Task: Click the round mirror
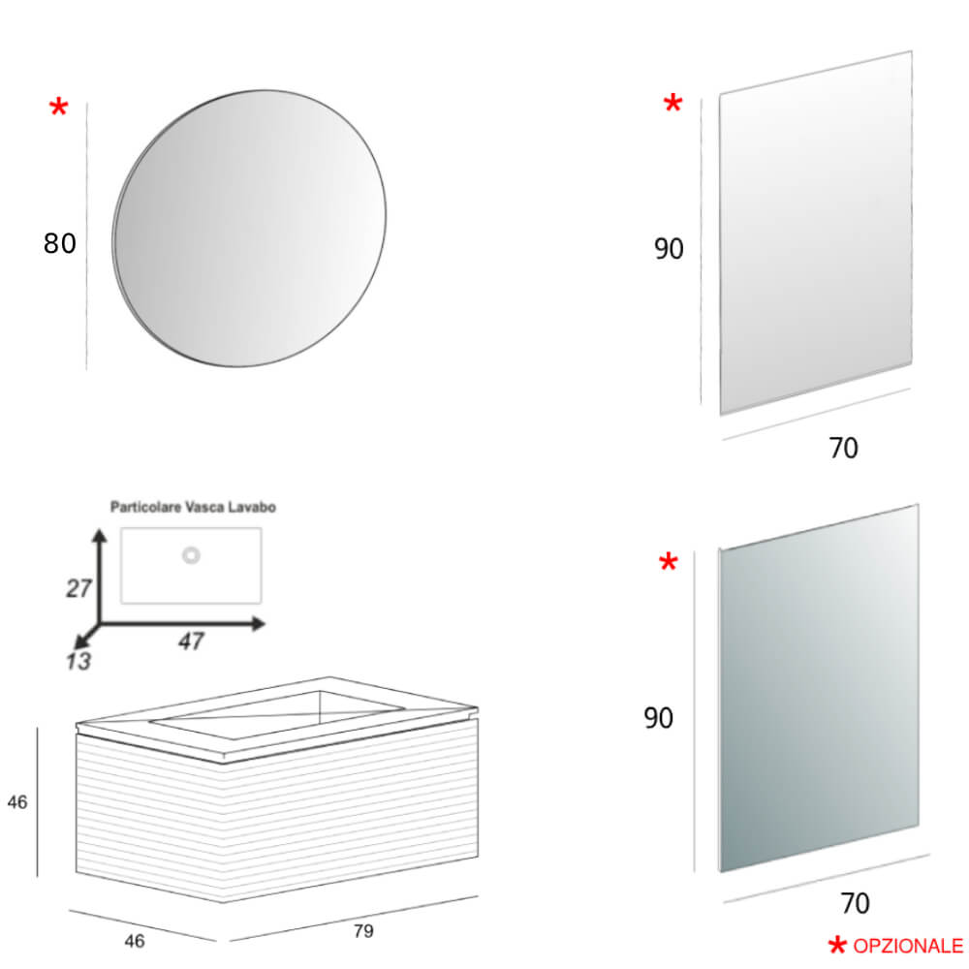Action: (250, 230)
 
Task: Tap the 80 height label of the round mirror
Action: (59, 243)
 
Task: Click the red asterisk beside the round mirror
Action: (58, 109)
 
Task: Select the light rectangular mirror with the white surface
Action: (815, 233)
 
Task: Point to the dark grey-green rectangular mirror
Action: (819, 688)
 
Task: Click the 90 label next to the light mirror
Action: (669, 249)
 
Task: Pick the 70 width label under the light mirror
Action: (843, 449)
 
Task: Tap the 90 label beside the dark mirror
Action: (659, 718)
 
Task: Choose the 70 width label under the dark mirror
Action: (854, 904)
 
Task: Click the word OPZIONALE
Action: (908, 946)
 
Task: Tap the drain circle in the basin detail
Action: (191, 555)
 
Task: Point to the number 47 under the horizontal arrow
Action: (191, 641)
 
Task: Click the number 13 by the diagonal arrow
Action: (78, 662)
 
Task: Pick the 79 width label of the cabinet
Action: (362, 931)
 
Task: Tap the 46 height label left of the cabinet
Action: (16, 801)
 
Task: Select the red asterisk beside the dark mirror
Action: (668, 563)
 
